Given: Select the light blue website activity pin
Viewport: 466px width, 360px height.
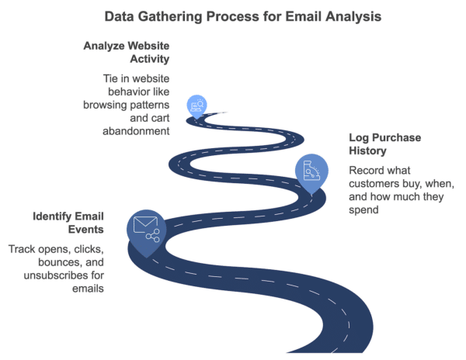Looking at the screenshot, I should [197, 106].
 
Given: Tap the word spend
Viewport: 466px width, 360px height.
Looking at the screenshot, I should [362, 209].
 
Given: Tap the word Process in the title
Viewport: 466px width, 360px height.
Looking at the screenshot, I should [235, 15].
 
